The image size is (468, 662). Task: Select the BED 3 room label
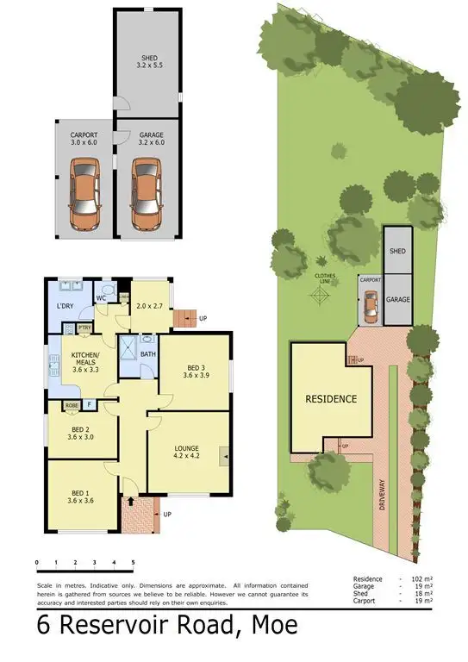coord(195,369)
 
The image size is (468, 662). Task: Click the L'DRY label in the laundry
coord(64,308)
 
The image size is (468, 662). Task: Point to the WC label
coord(101,298)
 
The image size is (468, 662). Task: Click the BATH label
coord(147,354)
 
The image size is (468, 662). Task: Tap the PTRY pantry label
coord(84,328)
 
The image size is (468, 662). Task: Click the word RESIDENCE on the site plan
coord(331,399)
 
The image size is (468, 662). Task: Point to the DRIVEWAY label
coord(383,494)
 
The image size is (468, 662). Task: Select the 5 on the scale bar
coord(133,563)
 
